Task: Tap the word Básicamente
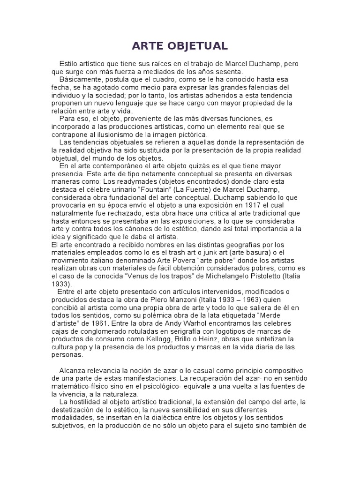click(x=80, y=80)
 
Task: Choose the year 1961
click(x=114, y=324)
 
